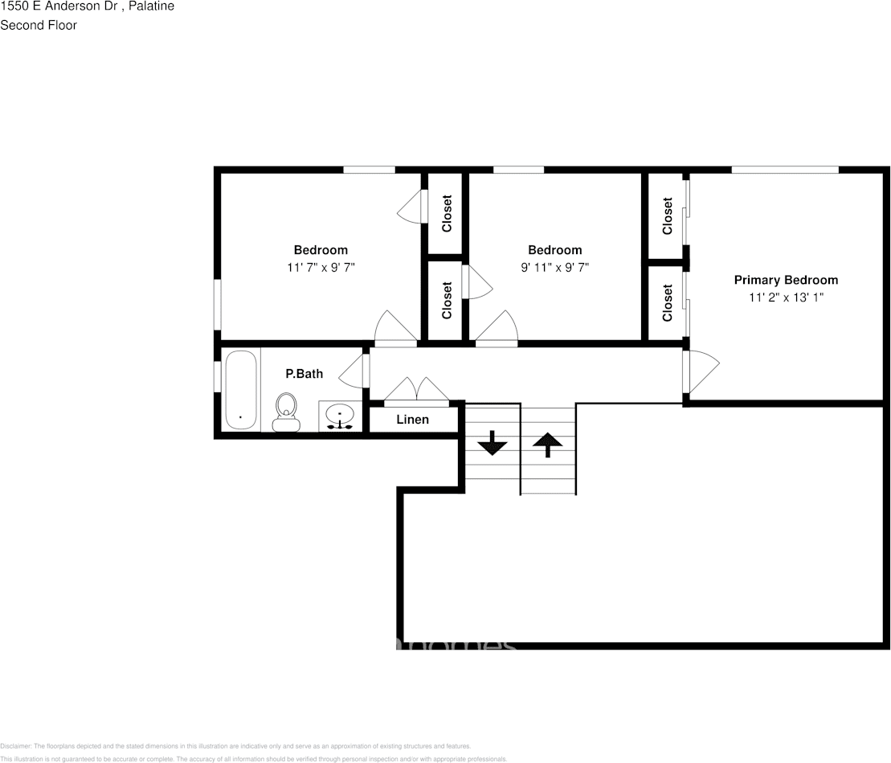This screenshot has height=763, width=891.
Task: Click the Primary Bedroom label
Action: click(x=786, y=280)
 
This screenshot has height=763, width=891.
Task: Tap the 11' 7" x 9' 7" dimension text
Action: click(x=321, y=268)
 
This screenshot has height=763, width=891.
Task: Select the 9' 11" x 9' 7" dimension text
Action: click(x=554, y=268)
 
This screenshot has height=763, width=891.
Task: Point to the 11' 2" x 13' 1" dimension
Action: click(x=786, y=297)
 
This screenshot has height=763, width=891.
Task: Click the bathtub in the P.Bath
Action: click(x=240, y=390)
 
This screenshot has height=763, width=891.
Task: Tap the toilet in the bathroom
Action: click(x=286, y=412)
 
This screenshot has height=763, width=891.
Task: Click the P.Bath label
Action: click(x=304, y=373)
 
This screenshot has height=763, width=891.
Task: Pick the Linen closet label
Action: click(x=413, y=420)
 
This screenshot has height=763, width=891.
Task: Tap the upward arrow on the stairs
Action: click(x=548, y=443)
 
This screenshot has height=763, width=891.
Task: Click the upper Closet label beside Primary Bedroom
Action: click(x=668, y=216)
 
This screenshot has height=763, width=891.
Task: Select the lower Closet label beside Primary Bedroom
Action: click(x=668, y=303)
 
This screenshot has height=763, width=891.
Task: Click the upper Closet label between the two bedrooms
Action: click(x=447, y=213)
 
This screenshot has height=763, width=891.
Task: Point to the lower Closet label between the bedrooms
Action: click(x=447, y=299)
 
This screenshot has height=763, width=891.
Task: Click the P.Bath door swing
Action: click(x=352, y=371)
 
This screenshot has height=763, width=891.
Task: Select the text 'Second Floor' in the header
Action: click(x=39, y=25)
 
